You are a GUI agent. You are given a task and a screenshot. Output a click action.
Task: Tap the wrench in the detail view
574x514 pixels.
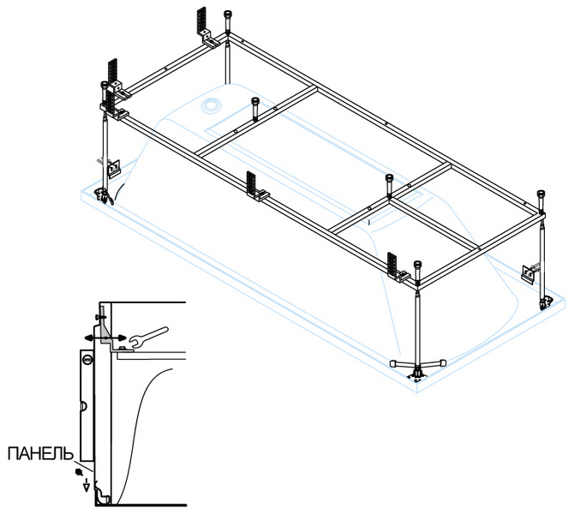pos(146,336)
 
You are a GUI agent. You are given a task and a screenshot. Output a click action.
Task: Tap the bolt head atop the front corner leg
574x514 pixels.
pos(416,265)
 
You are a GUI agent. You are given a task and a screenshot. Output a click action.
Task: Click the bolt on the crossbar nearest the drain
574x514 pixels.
pos(255,102)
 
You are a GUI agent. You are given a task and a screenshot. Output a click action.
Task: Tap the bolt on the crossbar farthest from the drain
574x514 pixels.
pos(390,180)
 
